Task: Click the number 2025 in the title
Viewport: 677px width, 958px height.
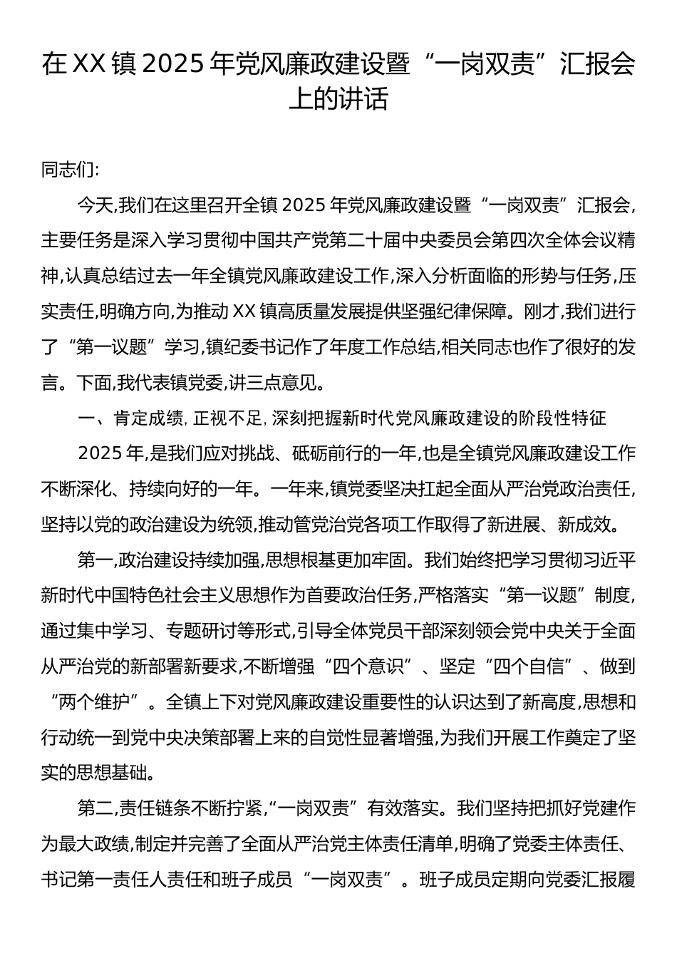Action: pos(172,66)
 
